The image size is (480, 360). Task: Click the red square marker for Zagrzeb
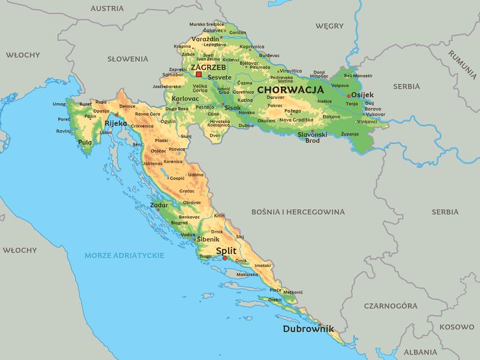click(199, 75)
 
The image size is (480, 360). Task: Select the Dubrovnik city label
click(308, 329)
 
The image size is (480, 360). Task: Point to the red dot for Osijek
click(349, 95)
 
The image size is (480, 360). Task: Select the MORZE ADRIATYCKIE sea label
click(124, 255)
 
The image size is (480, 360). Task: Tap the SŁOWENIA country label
click(127, 59)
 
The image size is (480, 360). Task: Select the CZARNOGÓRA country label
click(390, 305)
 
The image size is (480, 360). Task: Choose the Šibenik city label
click(208, 239)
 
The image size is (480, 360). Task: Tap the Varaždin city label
click(205, 39)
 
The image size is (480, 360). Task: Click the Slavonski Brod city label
click(312, 137)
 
